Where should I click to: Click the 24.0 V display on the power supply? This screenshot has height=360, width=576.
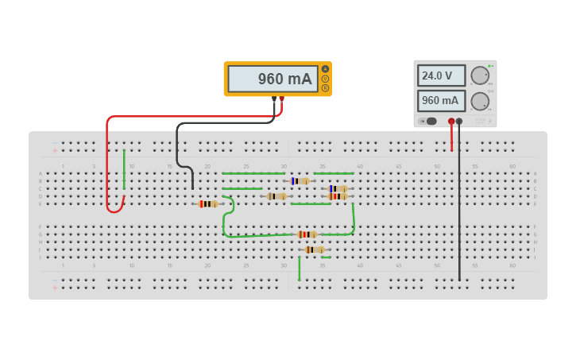pyautogui.click(x=441, y=75)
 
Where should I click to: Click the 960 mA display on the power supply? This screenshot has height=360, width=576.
pyautogui.click(x=441, y=101)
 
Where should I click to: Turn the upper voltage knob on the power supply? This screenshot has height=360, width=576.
pyautogui.click(x=480, y=75)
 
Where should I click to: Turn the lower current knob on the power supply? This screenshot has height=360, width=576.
pyautogui.click(x=480, y=101)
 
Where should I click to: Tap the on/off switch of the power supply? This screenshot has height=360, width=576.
pyautogui.click(x=430, y=121)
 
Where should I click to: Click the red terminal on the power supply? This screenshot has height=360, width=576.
pyautogui.click(x=451, y=121)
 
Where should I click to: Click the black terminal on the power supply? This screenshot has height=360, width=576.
pyautogui.click(x=459, y=121)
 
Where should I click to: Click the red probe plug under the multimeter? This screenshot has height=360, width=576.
pyautogui.click(x=282, y=99)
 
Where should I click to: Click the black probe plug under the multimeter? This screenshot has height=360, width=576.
pyautogui.click(x=274, y=99)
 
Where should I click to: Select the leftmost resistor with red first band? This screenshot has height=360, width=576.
pyautogui.click(x=208, y=204)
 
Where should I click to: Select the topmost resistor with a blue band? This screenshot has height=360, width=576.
pyautogui.click(x=300, y=181)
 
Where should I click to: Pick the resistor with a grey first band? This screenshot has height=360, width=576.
pyautogui.click(x=276, y=196)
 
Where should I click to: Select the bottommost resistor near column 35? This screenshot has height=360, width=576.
pyautogui.click(x=315, y=250)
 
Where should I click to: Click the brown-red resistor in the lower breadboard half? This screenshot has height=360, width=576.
pyautogui.click(x=307, y=234)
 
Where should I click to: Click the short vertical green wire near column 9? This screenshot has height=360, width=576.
pyautogui.click(x=124, y=169)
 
